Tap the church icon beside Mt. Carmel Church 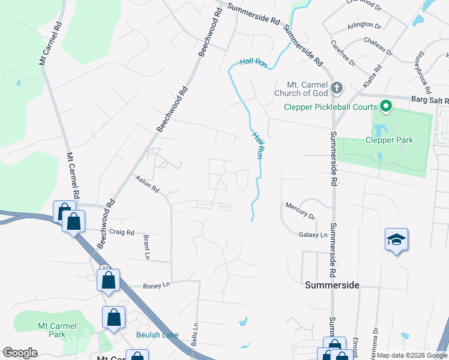click(x=337, y=88)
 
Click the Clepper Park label click(x=389, y=140)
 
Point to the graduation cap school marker click(x=396, y=240)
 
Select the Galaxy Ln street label click(x=313, y=235)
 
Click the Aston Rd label click(x=147, y=184)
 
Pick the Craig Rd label click(x=121, y=232)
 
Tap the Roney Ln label click(x=157, y=286)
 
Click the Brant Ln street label click(x=146, y=247)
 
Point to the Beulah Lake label click(x=157, y=334)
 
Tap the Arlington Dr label click(x=364, y=26)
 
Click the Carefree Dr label click(x=343, y=53)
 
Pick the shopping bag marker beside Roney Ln click(x=108, y=280)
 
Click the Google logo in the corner click(x=20, y=353)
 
